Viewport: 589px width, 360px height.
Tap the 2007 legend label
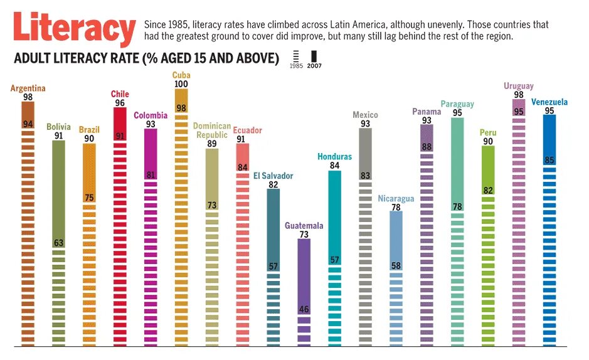[314, 66]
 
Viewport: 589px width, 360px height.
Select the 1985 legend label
[296, 66]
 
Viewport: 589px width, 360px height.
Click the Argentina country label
[28, 88]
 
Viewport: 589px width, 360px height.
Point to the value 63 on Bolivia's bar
[58, 243]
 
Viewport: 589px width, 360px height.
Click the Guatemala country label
[304, 226]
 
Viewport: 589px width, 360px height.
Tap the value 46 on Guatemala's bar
[304, 309]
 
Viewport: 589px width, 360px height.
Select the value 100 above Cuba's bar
[181, 84]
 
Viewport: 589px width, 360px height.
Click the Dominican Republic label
[211, 130]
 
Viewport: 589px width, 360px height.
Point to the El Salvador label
[273, 176]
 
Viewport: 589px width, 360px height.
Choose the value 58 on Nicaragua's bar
[396, 266]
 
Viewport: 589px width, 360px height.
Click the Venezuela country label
[549, 102]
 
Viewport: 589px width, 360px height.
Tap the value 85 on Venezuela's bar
[549, 161]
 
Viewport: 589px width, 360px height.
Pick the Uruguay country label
[518, 87]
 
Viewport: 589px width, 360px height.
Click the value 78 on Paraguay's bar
[457, 207]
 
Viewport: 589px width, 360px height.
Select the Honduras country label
[334, 157]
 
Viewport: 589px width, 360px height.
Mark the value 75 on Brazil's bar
[89, 198]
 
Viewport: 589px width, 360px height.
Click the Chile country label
[120, 95]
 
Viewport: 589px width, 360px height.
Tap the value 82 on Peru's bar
[488, 191]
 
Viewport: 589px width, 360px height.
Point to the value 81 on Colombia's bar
[151, 175]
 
